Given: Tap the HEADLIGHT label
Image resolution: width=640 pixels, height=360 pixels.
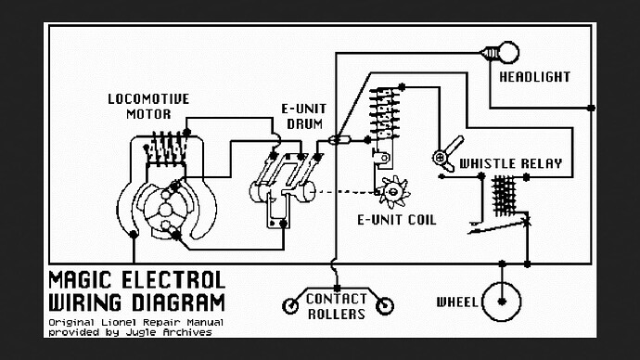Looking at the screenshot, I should pos(535,76).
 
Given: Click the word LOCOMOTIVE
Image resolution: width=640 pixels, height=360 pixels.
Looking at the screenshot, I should pos(148,98).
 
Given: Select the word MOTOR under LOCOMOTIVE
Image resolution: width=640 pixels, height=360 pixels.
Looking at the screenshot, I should pos(148,114).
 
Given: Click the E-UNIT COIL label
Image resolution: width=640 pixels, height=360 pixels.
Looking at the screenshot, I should pos(396,220).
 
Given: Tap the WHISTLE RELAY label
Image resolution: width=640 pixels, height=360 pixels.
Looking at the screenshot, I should pos(511,164).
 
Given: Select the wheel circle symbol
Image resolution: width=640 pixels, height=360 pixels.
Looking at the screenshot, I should pos(502,302).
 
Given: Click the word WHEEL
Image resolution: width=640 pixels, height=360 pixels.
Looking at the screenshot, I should pos(456,302).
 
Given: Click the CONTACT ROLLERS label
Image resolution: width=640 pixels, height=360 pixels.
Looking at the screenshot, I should pos(337,306).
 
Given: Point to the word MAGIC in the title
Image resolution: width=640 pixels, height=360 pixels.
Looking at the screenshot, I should pos(85,280).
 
